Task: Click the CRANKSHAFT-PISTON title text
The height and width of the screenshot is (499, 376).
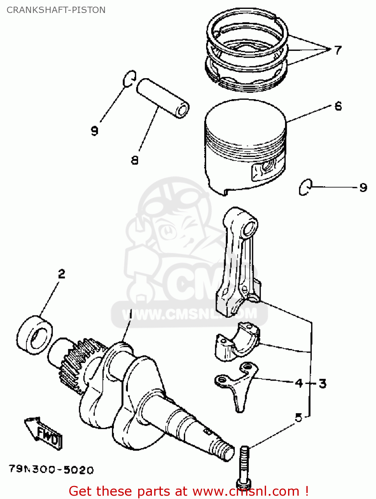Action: pos(56,10)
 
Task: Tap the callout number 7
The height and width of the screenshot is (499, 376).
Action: pos(338,50)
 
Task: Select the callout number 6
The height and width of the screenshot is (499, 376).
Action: pos(338,106)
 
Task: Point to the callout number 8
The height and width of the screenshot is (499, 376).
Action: pos(135,160)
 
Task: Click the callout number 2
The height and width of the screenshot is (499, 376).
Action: pos(62,274)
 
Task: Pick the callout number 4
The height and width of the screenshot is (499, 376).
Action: pos(299,383)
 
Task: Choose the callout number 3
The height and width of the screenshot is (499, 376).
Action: pos(322,383)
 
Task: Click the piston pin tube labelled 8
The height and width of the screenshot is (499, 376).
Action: pos(163,97)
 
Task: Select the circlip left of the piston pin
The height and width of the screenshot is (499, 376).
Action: pos(129,79)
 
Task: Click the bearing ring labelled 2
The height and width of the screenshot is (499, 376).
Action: pos(35,334)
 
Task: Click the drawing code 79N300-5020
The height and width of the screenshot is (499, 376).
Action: pos(51,469)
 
